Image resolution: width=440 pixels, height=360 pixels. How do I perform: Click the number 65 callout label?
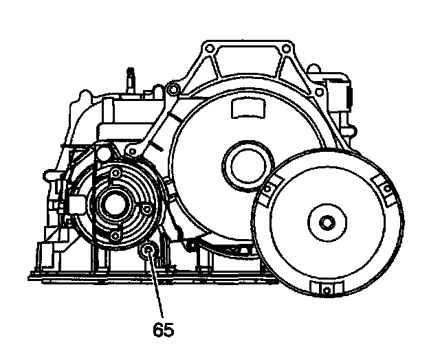163,330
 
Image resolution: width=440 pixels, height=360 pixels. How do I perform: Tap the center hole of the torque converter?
327,222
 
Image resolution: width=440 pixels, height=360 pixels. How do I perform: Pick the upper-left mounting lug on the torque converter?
269,188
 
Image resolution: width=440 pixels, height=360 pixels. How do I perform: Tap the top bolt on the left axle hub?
115,172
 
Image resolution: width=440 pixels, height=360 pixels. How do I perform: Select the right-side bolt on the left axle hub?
146,205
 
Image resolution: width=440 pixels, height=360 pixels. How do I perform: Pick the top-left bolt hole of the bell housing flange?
206,50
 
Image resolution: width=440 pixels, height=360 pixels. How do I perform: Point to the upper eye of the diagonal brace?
175,89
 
